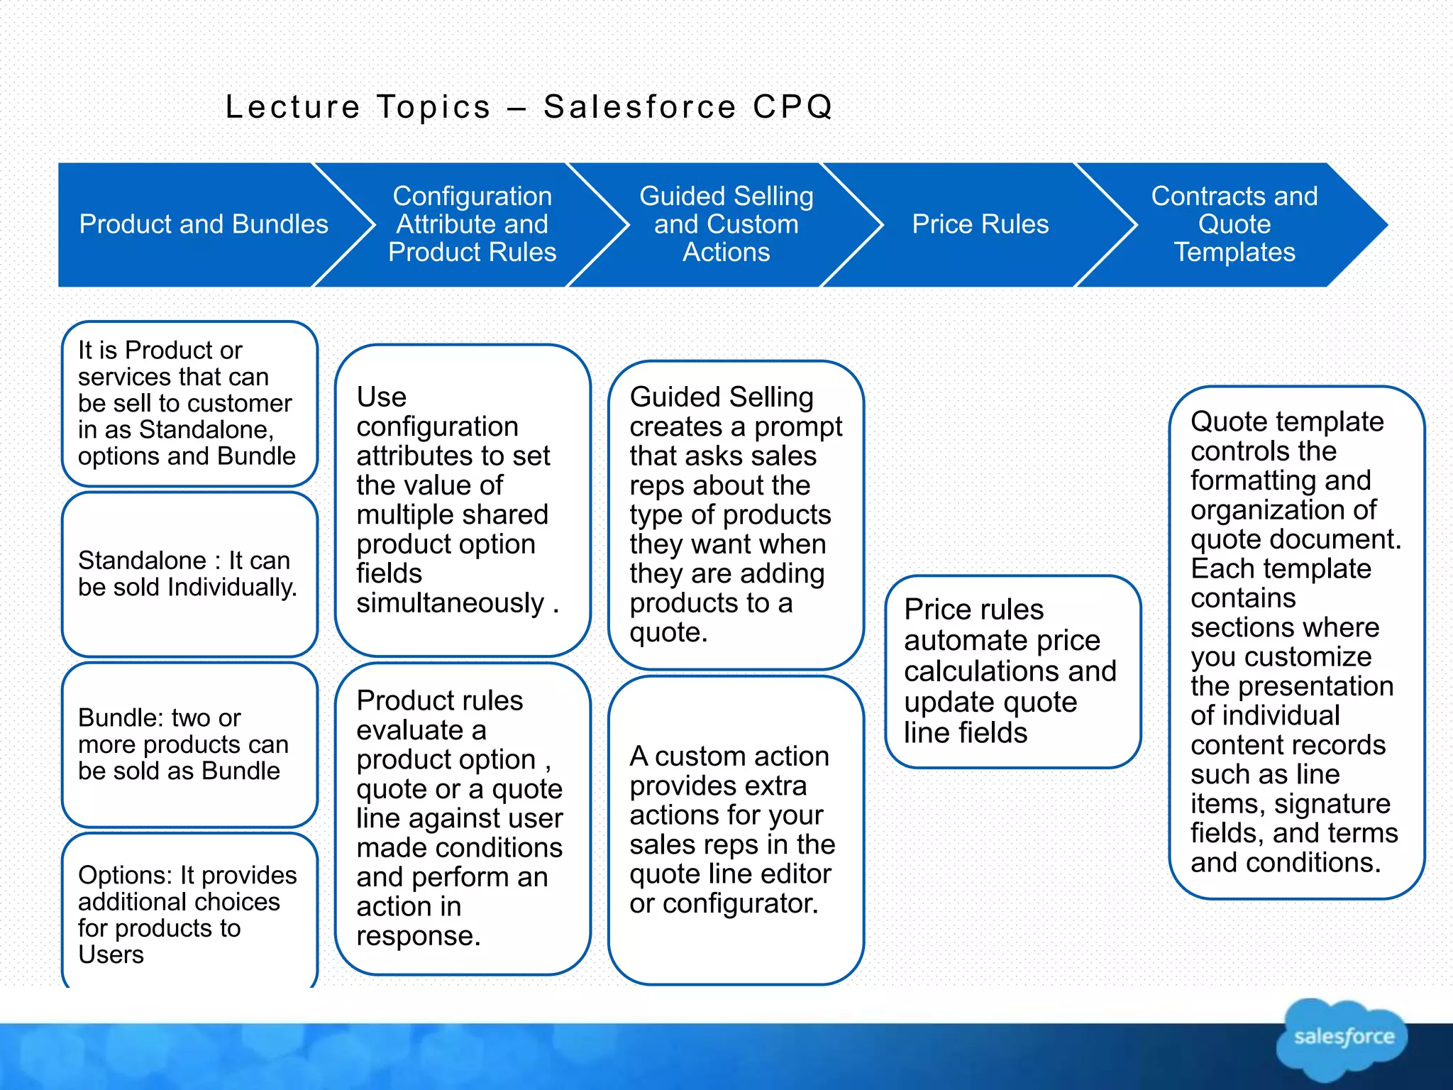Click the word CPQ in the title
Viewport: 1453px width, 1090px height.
click(792, 107)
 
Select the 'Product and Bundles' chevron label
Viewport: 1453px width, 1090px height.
click(204, 224)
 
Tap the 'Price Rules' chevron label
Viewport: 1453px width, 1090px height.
click(980, 224)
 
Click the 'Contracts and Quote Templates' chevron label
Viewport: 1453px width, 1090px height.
click(1234, 224)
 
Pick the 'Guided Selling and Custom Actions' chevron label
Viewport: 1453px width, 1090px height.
click(726, 224)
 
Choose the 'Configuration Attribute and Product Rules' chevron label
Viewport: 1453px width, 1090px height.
click(472, 224)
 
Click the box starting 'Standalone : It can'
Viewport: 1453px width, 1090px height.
click(189, 574)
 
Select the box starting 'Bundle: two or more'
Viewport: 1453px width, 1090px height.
click(189, 744)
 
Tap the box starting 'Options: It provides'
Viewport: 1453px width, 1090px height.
click(189, 914)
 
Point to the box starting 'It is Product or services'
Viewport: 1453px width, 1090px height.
click(189, 403)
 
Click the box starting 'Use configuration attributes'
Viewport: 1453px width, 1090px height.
click(463, 500)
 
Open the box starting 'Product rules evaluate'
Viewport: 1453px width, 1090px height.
click(463, 818)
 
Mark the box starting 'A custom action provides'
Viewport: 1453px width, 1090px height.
click(736, 830)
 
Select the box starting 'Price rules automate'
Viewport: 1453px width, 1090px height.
click(1012, 671)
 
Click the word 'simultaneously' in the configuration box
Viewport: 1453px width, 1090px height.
click(450, 603)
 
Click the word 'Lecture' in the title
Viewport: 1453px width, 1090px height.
click(293, 107)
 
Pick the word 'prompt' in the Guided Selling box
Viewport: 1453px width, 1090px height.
click(798, 426)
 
